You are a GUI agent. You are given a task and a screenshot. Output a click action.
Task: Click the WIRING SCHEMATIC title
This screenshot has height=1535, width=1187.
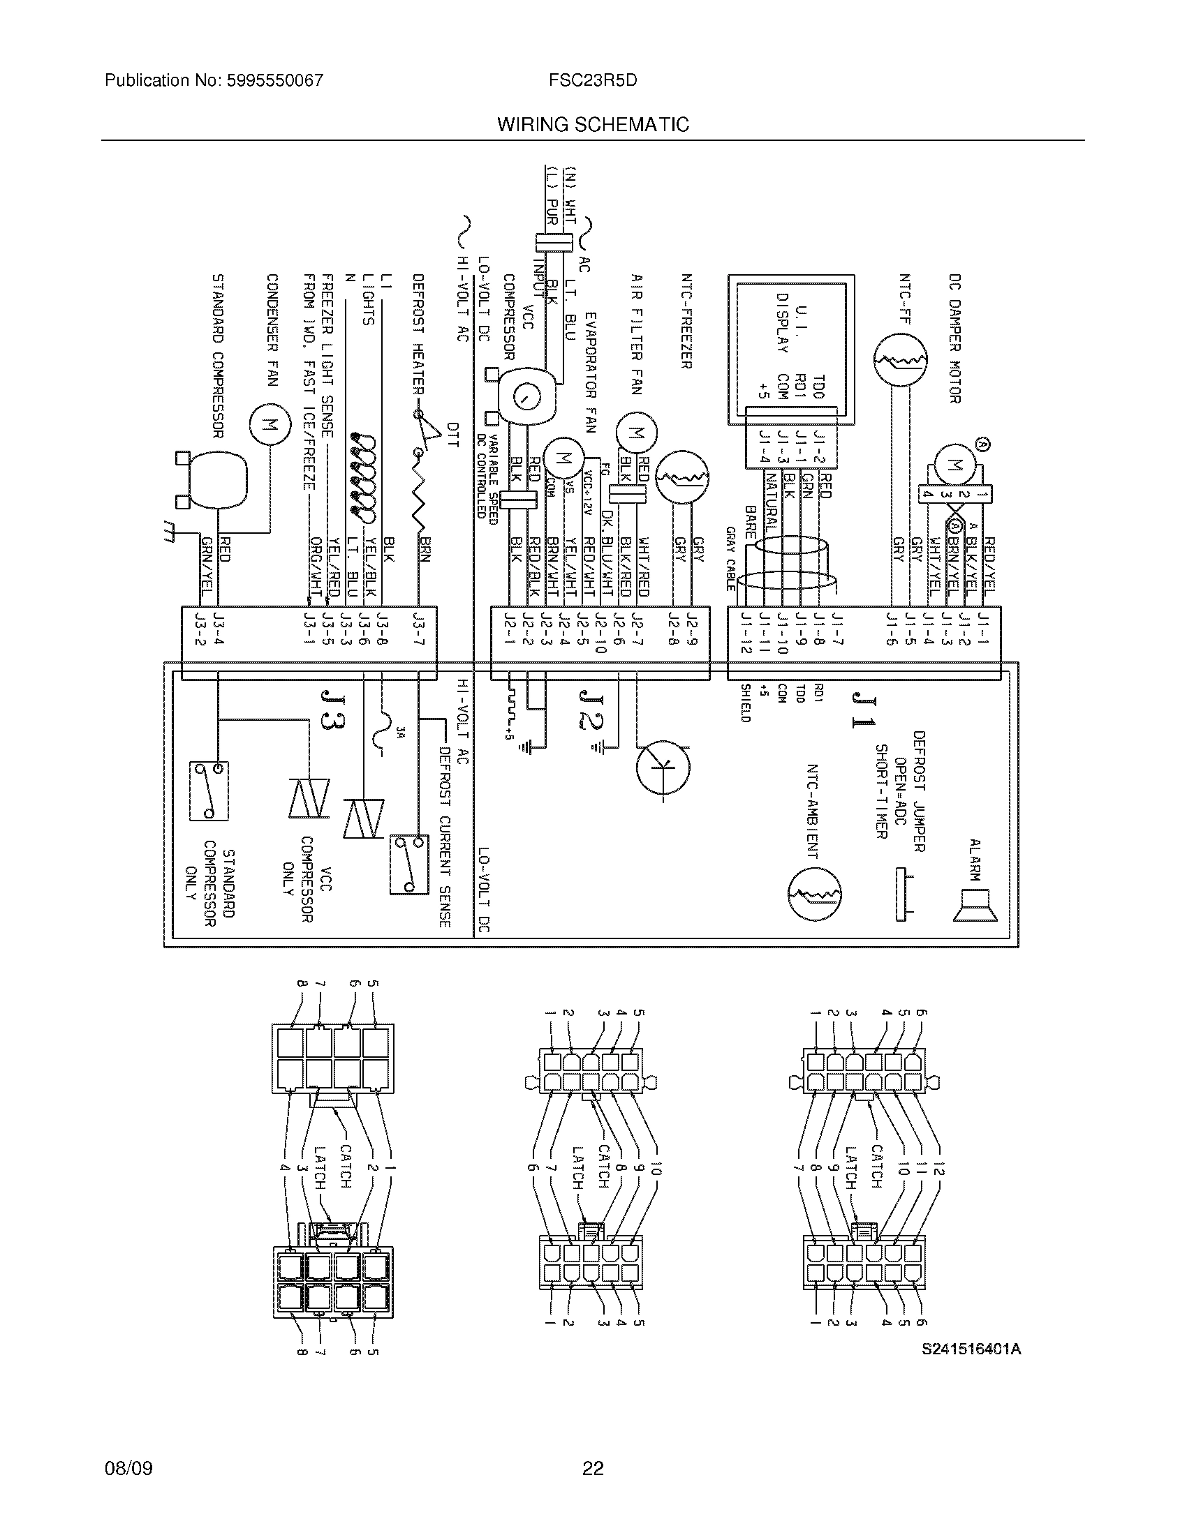click(593, 125)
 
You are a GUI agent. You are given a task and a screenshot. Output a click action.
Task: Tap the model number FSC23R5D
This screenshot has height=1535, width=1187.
click(593, 80)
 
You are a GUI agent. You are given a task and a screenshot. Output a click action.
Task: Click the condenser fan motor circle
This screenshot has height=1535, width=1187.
click(269, 424)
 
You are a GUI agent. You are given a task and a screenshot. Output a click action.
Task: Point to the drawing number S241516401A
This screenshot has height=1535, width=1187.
click(972, 1349)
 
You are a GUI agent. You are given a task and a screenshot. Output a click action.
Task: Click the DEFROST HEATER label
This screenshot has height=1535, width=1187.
click(418, 334)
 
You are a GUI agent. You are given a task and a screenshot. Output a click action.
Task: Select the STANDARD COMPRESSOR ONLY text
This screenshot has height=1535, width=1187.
click(209, 882)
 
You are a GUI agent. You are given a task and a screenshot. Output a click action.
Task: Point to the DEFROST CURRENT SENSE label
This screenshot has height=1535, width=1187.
click(443, 837)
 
